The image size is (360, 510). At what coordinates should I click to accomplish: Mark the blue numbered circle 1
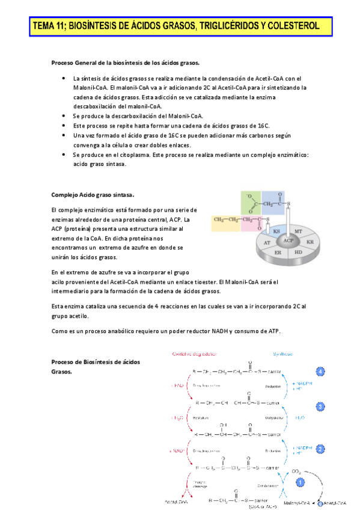point(300,481)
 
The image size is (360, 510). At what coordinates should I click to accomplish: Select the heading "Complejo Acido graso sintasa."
point(93,195)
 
